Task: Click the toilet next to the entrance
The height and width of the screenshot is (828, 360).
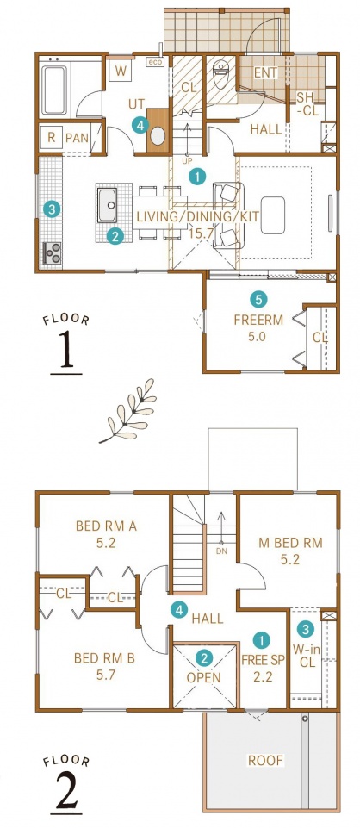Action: pyautogui.click(x=221, y=74)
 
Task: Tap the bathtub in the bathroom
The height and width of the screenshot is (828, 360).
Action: pyautogui.click(x=54, y=90)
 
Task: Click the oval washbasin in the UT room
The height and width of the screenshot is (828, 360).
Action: pyautogui.click(x=158, y=136)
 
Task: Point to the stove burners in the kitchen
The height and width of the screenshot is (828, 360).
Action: pyautogui.click(x=52, y=253)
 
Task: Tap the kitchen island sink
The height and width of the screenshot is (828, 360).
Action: pyautogui.click(x=108, y=205)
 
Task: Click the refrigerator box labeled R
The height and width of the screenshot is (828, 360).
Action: pyautogui.click(x=51, y=138)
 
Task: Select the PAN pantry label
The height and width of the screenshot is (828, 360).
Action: pyautogui.click(x=77, y=139)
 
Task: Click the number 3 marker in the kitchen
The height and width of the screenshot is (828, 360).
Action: pyautogui.click(x=51, y=209)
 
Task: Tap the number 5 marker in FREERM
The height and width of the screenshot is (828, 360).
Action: pyautogui.click(x=258, y=300)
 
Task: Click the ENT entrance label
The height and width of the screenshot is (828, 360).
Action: pyautogui.click(x=265, y=73)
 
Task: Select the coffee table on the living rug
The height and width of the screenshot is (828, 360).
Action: pyautogui.click(x=273, y=215)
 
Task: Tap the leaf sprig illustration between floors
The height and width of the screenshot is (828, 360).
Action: pyautogui.click(x=127, y=410)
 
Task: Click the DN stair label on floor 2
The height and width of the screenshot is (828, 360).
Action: pyautogui.click(x=221, y=551)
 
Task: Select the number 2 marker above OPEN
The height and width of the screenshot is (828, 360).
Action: pyautogui.click(x=205, y=657)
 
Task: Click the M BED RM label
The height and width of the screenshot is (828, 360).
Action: pyautogui.click(x=290, y=543)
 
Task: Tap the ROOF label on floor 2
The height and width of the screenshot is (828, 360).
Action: pyautogui.click(x=266, y=761)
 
